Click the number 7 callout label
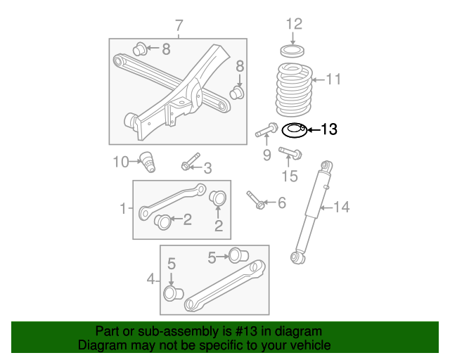(179, 26)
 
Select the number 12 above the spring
(294, 24)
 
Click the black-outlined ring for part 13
(294, 129)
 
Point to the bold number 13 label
(328, 129)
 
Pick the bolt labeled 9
(264, 132)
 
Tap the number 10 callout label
(121, 162)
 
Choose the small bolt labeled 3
(190, 163)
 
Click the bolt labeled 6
(255, 200)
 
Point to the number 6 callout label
(281, 203)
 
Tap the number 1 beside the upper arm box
(122, 208)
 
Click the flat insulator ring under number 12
(292, 51)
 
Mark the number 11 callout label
(333, 79)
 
